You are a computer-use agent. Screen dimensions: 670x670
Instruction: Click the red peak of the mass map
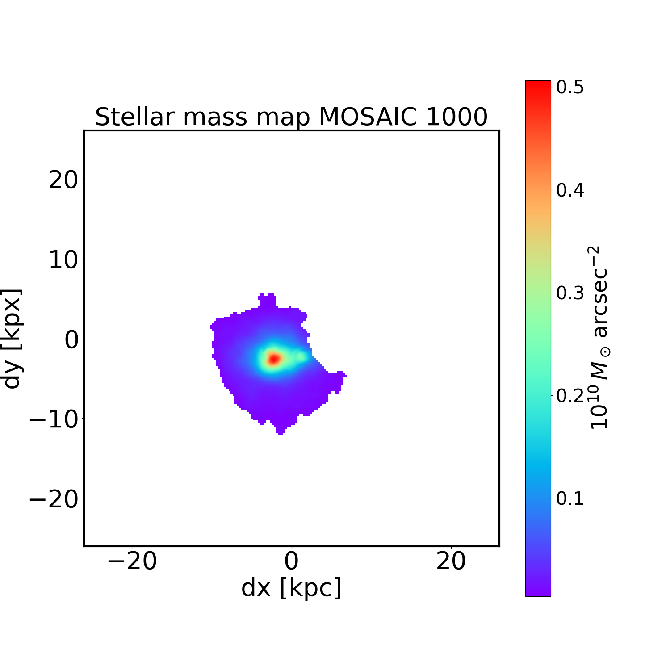(x=273, y=358)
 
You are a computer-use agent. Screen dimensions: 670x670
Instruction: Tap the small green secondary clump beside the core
(x=301, y=356)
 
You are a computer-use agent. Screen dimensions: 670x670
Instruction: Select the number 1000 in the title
(x=456, y=117)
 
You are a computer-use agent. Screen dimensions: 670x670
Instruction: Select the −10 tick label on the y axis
(x=54, y=419)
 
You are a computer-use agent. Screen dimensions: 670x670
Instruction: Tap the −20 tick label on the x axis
(x=132, y=561)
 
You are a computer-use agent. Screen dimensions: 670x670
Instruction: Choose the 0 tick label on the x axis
(x=291, y=561)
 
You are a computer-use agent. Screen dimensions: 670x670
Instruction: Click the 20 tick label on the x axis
(x=451, y=561)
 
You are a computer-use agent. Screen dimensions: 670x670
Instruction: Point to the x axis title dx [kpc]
(x=291, y=588)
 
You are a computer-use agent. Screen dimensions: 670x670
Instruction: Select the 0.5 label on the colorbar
(x=570, y=88)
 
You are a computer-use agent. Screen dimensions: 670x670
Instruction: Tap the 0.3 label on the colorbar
(x=570, y=293)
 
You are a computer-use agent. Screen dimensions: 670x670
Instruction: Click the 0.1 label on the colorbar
(x=570, y=498)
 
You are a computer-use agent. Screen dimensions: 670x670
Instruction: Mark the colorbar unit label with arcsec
(x=599, y=338)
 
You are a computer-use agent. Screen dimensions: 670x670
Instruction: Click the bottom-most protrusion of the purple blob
(x=280, y=431)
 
